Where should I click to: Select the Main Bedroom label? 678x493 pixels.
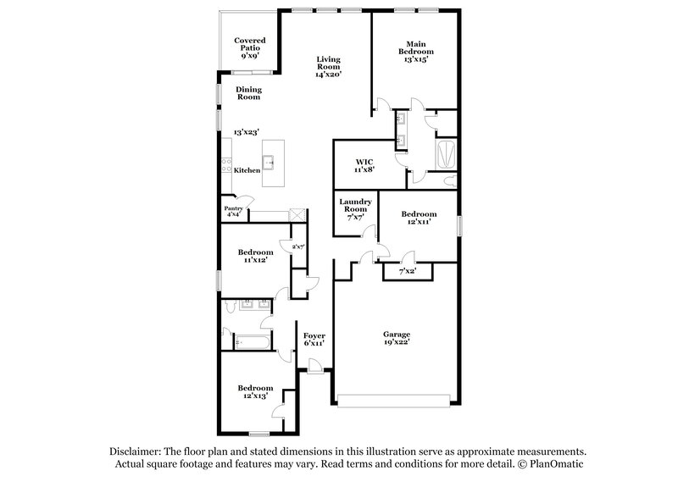coord(415,52)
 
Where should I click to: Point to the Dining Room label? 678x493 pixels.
coord(248,93)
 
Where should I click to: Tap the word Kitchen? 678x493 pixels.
coord(247,171)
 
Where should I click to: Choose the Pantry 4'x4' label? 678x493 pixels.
coord(234,211)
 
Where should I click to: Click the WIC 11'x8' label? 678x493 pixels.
coord(364,164)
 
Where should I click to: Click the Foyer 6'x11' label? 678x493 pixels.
coord(314,341)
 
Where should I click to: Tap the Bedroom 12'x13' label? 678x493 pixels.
coord(255,392)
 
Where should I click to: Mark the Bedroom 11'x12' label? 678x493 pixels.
coord(255,257)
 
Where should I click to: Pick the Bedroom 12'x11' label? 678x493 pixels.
coord(419,218)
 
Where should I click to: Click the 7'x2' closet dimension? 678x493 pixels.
coord(408,272)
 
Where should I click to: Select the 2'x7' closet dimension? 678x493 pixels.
coord(297,246)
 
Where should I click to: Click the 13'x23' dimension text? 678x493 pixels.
coord(247,132)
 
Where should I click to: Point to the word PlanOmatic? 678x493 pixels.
coord(559,464)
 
